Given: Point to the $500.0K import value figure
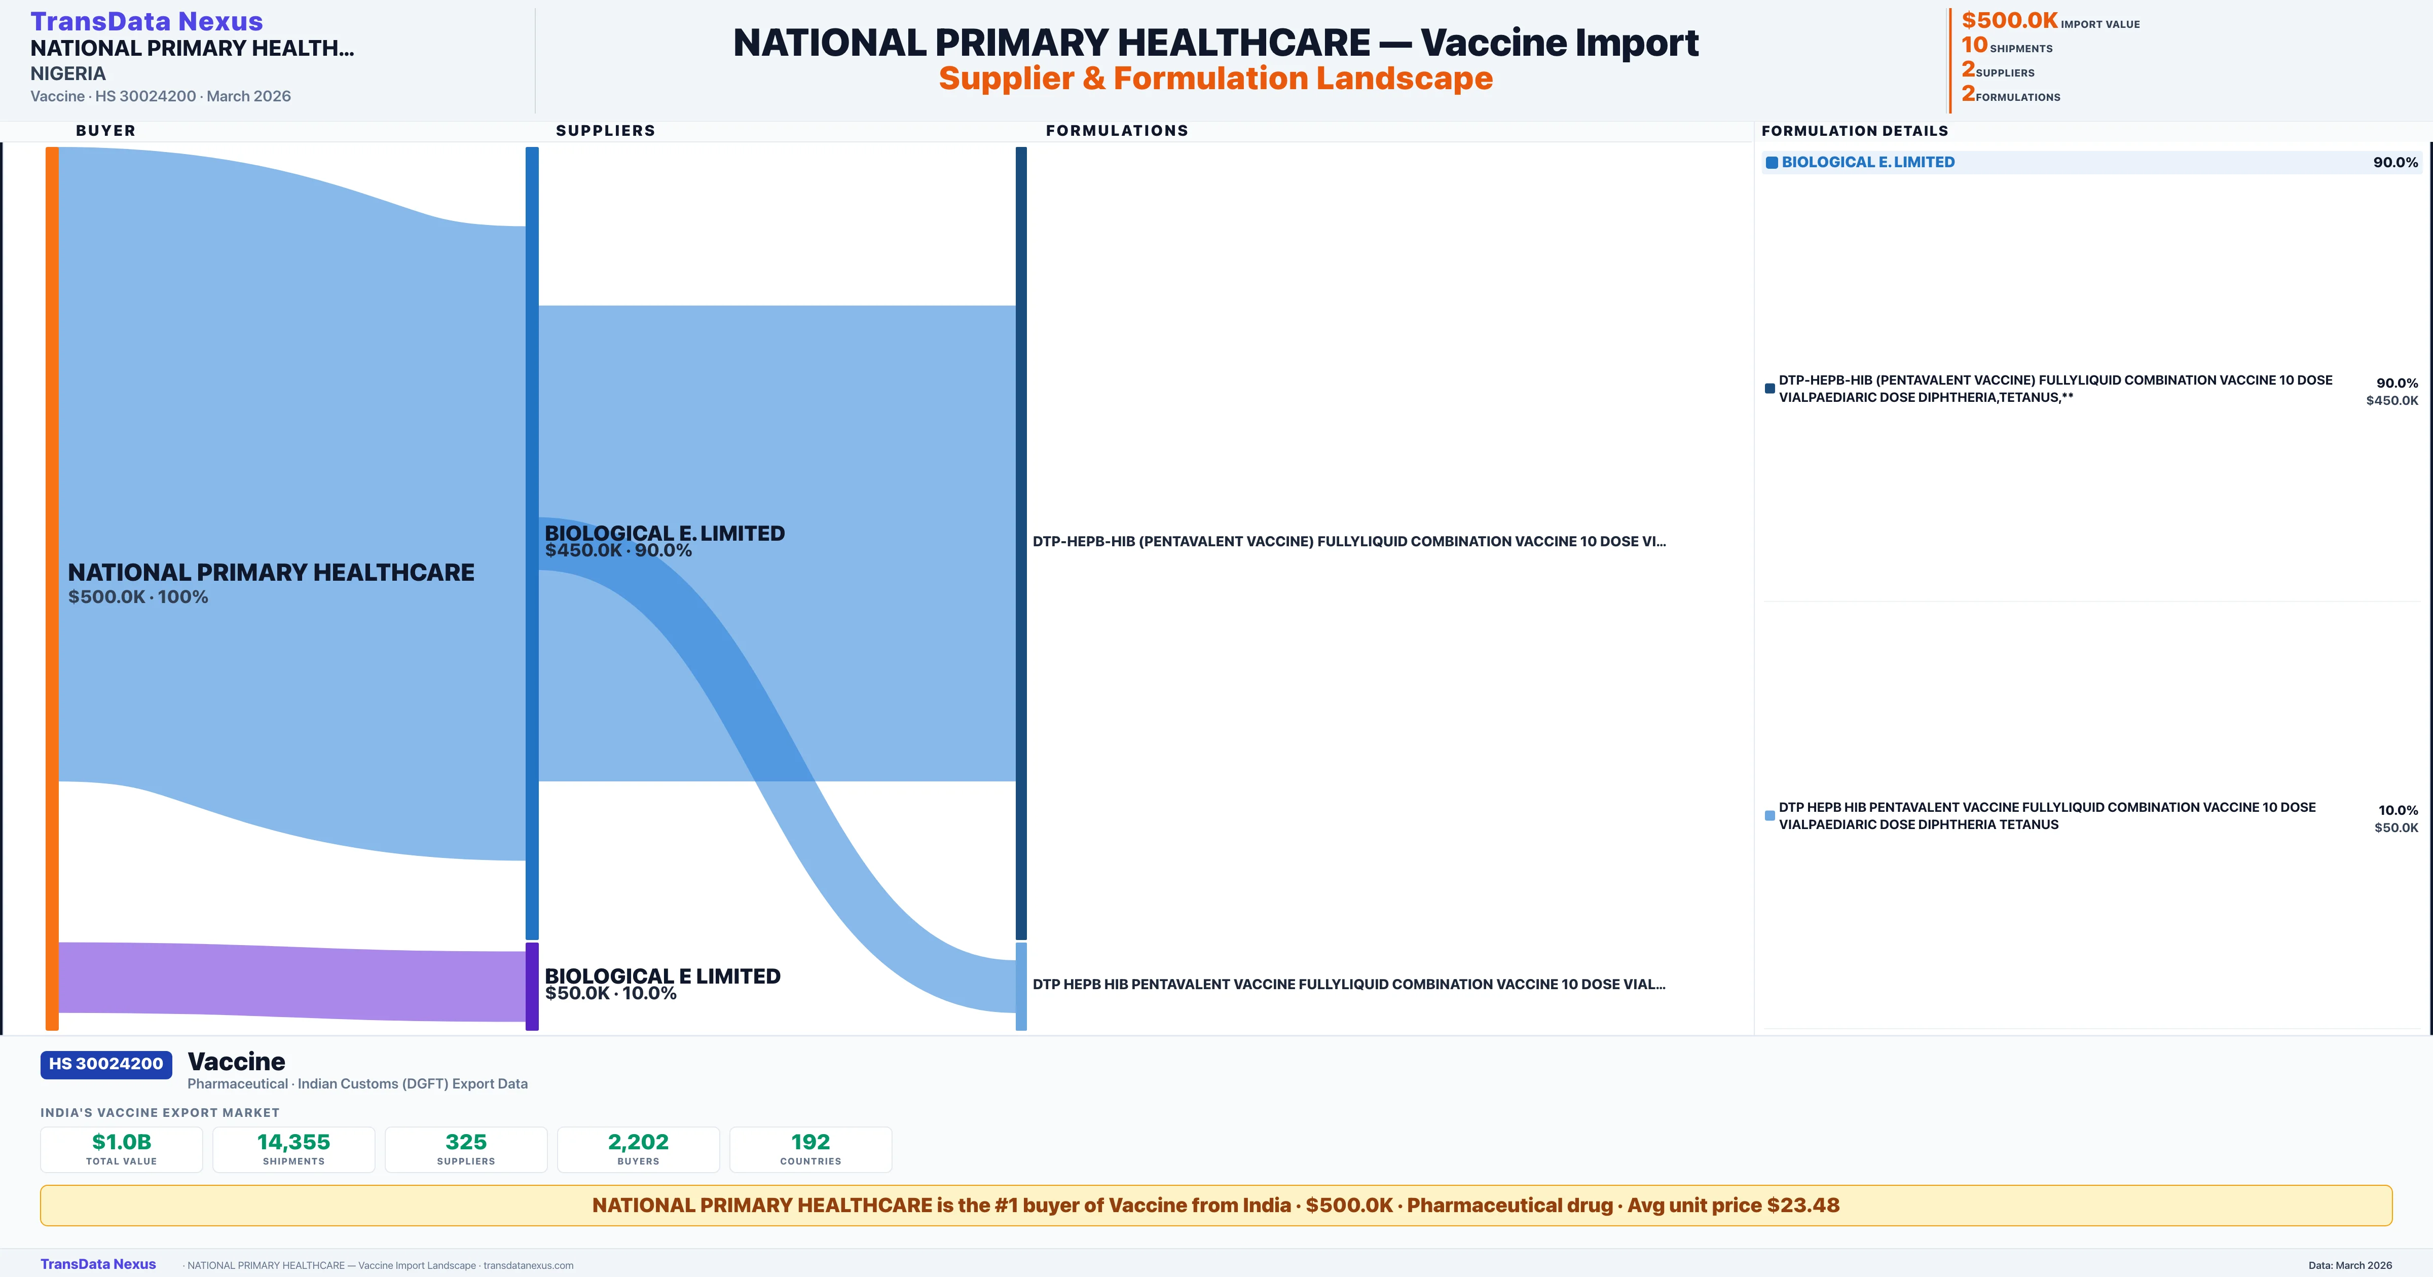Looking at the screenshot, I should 2009,20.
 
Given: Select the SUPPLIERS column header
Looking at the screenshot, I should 605,130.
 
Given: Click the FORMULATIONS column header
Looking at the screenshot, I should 1116,130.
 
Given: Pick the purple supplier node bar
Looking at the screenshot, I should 532,986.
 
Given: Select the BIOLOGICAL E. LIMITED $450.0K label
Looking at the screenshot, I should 664,540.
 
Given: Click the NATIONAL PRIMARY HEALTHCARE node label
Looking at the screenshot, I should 271,582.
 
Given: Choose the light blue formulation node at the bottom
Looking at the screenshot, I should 1021,986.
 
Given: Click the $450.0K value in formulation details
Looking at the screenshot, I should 2391,400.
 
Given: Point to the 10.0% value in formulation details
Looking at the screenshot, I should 2397,810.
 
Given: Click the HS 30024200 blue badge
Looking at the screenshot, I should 106,1065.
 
